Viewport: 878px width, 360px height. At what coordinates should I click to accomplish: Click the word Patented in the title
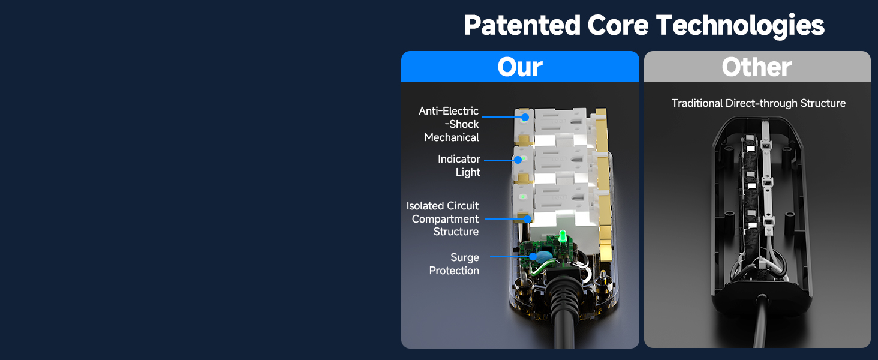[522, 25]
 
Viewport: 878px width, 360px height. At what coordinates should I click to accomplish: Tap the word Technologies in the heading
[740, 26]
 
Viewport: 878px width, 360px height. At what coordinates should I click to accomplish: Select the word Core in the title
[618, 25]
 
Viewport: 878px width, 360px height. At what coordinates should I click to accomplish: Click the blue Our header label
[520, 67]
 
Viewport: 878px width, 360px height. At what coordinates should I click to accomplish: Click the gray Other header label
[757, 67]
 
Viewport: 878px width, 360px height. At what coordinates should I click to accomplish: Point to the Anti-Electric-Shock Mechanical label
[449, 124]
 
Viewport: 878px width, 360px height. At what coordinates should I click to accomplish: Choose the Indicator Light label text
[459, 165]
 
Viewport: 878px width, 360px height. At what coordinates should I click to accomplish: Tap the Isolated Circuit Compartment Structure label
[443, 218]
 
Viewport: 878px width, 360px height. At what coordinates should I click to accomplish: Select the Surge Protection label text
[454, 263]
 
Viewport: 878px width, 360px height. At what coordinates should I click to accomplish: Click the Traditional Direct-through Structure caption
[759, 103]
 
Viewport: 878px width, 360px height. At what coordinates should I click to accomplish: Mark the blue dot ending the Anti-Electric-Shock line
[525, 117]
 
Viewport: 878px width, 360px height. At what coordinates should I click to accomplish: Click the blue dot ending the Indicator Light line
[518, 160]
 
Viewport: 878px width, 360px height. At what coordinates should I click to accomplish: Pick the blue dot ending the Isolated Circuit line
[528, 219]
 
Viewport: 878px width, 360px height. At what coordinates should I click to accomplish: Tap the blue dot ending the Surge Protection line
[533, 256]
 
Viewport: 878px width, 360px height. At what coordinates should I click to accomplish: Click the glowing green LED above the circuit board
[563, 237]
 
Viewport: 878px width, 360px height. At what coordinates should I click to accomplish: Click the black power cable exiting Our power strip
[565, 310]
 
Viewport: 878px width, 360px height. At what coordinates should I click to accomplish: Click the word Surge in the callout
[465, 257]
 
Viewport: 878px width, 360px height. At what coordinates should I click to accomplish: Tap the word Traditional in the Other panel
[697, 103]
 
